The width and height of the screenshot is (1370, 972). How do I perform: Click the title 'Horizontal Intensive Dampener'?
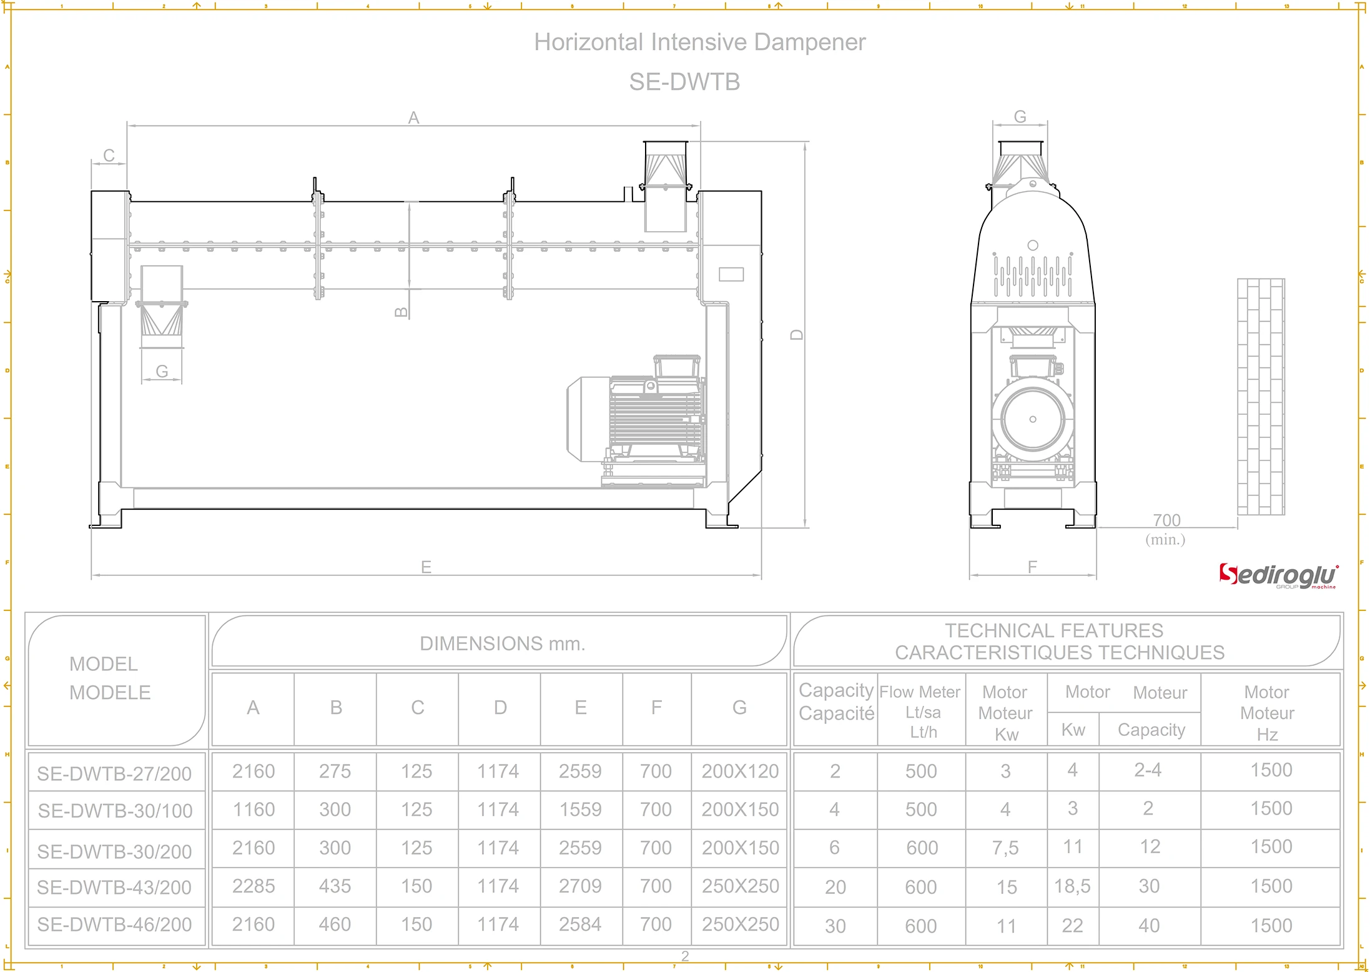tap(699, 42)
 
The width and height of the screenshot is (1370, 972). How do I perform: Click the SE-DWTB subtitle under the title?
tap(684, 82)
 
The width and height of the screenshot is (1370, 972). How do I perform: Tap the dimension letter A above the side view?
tap(413, 117)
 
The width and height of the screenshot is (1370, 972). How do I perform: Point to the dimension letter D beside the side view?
tap(797, 334)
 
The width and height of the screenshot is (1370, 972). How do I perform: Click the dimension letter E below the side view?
tap(426, 567)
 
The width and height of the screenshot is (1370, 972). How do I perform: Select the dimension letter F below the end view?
tap(1032, 567)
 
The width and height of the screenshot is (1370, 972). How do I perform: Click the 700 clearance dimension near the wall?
tap(1166, 520)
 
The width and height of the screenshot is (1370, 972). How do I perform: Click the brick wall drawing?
tap(1261, 397)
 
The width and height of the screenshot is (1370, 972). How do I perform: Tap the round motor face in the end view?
tap(1032, 419)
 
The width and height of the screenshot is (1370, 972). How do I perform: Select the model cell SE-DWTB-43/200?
tap(114, 887)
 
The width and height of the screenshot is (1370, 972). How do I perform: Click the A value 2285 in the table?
tap(254, 886)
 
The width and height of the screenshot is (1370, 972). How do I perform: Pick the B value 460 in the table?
tap(335, 924)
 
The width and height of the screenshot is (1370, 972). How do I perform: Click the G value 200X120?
tap(740, 771)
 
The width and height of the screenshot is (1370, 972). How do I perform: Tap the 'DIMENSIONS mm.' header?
tap(502, 643)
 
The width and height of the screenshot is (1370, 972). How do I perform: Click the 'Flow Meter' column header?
tap(920, 692)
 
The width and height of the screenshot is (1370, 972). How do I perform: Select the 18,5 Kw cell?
tap(1072, 886)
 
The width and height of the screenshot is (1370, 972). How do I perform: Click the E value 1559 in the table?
tap(580, 810)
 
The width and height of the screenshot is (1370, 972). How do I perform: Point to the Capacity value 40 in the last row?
tap(1149, 925)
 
